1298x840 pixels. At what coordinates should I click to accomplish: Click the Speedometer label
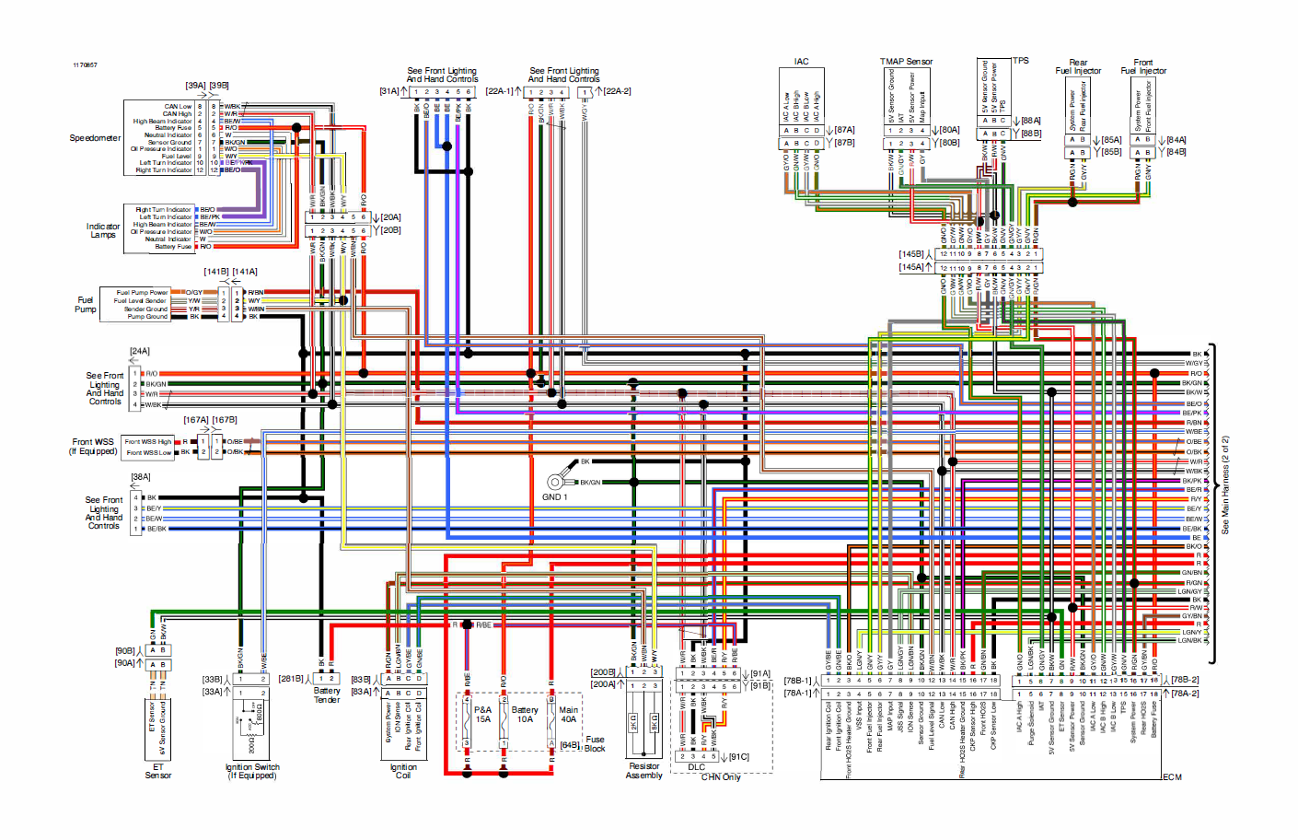95,138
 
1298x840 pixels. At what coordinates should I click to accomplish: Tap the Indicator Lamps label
103,230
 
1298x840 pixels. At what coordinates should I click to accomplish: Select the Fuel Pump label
86,304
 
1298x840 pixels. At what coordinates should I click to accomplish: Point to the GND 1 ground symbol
555,482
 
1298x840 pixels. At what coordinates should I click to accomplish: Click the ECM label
1172,777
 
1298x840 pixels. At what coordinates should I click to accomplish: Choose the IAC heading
802,62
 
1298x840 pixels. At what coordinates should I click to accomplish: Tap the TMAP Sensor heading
906,62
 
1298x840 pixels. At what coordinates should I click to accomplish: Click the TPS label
1021,61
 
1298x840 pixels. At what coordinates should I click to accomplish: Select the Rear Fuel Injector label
1078,67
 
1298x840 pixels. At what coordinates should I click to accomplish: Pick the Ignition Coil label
403,771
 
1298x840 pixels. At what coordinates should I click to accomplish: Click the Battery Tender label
327,695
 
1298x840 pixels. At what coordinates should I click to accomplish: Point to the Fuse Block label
595,744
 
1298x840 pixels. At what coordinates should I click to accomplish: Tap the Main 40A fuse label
569,715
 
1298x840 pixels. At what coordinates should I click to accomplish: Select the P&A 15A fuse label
483,715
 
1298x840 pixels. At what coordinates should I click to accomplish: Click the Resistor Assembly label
643,771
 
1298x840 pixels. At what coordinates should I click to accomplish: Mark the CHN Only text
721,777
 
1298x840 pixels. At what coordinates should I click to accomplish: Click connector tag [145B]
911,254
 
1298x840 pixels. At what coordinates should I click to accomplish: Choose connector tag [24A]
140,351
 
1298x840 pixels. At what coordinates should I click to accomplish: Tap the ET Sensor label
158,771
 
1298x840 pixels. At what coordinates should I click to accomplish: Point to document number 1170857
86,65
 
